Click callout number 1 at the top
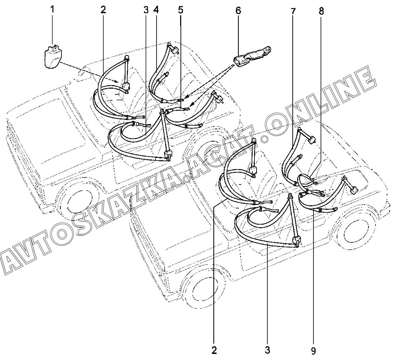pos(52,10)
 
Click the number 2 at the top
pos(103,10)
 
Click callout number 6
pos(238,10)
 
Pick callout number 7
pos(293,11)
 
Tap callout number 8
pos(321,11)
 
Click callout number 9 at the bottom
pos(313,351)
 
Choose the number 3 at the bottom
pos(267,350)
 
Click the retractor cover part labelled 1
pos(53,57)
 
